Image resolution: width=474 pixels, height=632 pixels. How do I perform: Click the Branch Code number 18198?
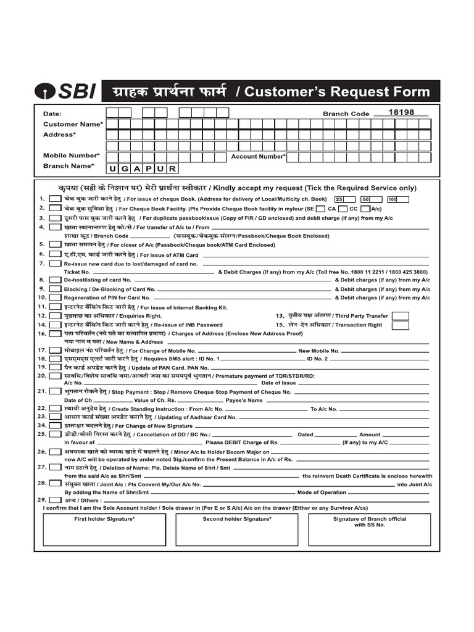[x=401, y=112]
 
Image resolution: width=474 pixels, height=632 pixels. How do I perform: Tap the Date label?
[x=52, y=114]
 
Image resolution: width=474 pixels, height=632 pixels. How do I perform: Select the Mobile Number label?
[x=71, y=156]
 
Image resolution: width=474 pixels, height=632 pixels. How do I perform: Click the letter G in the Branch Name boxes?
[x=125, y=168]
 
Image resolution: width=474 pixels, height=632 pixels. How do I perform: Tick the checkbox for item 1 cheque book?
[x=55, y=199]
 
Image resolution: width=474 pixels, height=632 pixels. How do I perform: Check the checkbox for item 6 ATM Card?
[x=55, y=254]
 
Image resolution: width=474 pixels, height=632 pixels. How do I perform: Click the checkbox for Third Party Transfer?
[x=400, y=316]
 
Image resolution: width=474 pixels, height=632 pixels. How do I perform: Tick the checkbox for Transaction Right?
[x=400, y=325]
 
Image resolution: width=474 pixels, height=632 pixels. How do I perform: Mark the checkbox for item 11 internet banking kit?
[x=55, y=307]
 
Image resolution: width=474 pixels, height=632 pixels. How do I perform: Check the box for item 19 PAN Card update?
[x=55, y=367]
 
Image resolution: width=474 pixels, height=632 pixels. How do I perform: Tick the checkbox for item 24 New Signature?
[x=55, y=426]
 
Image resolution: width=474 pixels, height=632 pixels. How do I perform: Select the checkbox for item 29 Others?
[x=55, y=500]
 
